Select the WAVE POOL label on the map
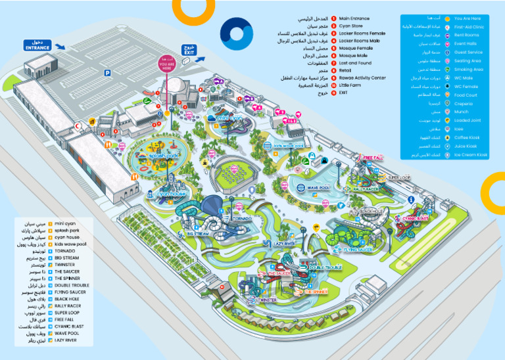[x=318, y=187]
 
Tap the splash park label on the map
[x=149, y=156]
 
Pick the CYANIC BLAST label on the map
[x=415, y=217]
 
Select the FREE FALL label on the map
[x=373, y=158]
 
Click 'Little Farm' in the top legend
[x=354, y=85]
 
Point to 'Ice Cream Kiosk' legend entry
[x=471, y=155]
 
